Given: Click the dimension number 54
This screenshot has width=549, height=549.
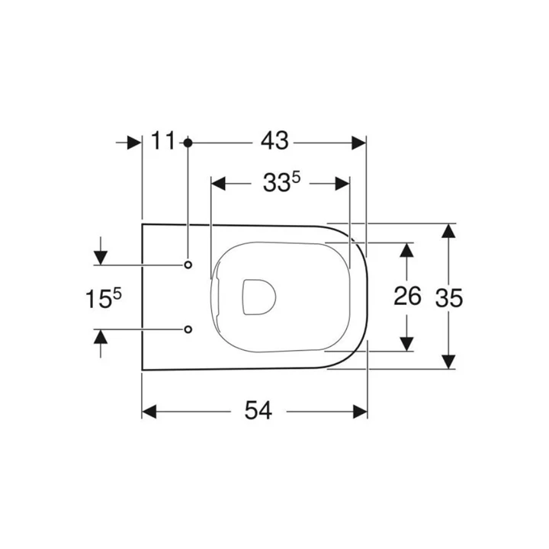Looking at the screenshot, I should (x=257, y=411).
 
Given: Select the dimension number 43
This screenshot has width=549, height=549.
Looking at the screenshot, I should (x=274, y=141).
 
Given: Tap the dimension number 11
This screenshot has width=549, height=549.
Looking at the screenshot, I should (x=163, y=141).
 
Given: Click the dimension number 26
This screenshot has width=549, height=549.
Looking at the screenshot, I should (x=408, y=296).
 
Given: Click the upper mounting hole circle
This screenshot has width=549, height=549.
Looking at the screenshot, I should (x=188, y=265).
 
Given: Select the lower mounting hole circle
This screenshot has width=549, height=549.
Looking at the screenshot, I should (x=188, y=329).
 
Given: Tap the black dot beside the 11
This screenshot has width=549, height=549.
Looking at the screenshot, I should (x=188, y=142).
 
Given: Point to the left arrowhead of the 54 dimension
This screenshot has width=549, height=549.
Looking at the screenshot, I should (x=149, y=412).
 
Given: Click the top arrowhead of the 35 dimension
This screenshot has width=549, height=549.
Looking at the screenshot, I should (x=449, y=231).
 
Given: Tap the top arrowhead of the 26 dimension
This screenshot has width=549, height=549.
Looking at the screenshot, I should (x=408, y=249).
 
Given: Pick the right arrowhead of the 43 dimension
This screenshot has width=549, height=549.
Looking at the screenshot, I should (x=360, y=142).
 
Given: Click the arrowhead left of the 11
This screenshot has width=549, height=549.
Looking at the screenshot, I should (x=135, y=142).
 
